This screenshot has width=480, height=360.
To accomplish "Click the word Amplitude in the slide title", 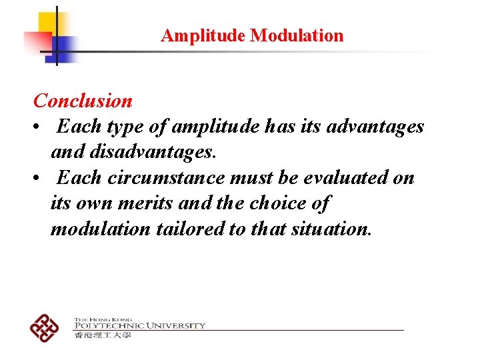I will tap(203, 35).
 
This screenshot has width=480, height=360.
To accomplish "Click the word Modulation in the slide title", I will tap(297, 35).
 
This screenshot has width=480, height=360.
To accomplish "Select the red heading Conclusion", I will tap(83, 101).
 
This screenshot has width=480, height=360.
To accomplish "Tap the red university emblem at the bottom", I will tap(44, 327).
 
